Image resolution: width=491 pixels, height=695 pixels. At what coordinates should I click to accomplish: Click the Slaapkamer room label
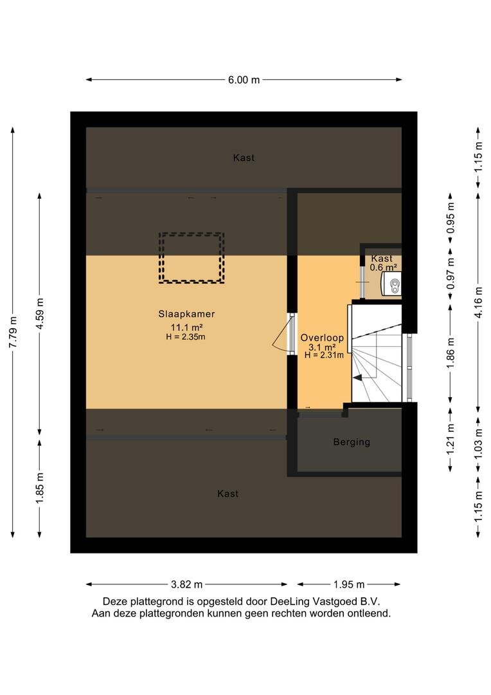click(x=186, y=314)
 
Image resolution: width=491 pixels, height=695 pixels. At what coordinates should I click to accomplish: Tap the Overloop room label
click(x=322, y=338)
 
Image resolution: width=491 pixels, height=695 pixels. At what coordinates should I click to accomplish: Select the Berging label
click(x=352, y=442)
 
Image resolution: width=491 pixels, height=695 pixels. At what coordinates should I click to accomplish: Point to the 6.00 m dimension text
click(x=244, y=80)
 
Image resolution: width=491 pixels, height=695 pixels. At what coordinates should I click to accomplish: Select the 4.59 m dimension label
click(x=40, y=313)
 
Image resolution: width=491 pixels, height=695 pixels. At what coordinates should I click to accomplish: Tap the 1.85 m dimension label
click(x=40, y=488)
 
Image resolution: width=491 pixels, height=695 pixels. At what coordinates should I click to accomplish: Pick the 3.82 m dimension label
click(x=187, y=584)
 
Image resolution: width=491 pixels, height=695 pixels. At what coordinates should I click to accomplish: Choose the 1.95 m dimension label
click(x=349, y=584)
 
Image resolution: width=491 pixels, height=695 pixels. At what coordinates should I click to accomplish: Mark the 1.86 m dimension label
click(x=451, y=353)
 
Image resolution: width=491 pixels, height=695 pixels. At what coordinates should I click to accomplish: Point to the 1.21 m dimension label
click(x=451, y=440)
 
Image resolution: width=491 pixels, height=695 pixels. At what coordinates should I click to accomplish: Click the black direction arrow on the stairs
click(x=357, y=378)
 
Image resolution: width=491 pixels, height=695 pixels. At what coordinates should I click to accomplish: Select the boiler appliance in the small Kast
click(x=391, y=284)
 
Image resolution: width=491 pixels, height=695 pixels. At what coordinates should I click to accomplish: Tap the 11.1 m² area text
click(x=187, y=328)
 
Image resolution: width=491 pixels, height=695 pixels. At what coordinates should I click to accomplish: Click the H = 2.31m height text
click(x=324, y=355)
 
